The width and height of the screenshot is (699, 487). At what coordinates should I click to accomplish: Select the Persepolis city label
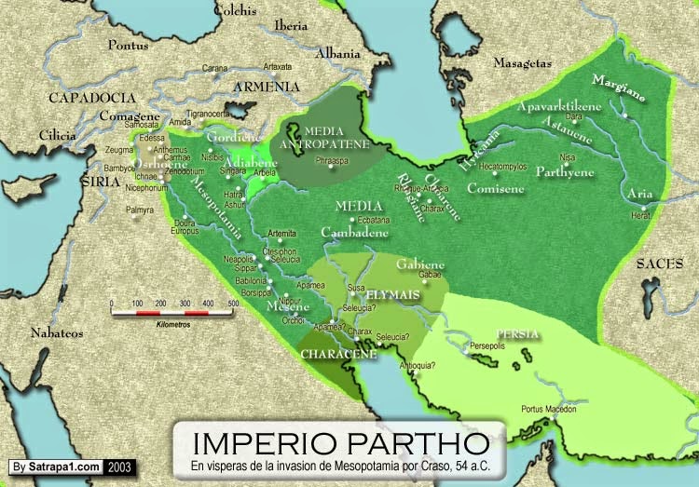[494, 344]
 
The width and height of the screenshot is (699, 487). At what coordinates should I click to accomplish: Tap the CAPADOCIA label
[87, 96]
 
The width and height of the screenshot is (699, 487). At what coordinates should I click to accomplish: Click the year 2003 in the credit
[119, 466]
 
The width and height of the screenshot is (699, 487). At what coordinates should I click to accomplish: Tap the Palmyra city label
[140, 210]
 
